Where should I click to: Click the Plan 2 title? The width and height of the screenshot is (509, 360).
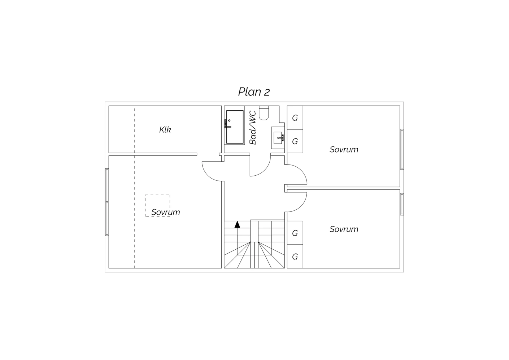pos(254,92)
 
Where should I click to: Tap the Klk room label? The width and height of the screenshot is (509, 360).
pos(165,130)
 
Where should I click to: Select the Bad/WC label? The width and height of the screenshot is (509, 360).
pos(253,128)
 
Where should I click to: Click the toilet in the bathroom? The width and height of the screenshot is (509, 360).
pos(264,113)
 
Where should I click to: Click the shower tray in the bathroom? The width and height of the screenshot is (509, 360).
pos(235,127)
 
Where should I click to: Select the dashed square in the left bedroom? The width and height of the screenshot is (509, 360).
pos(157,206)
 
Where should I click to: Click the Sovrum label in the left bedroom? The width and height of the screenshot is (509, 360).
pos(165,212)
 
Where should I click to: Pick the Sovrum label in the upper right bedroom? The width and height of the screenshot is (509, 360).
pos(344,150)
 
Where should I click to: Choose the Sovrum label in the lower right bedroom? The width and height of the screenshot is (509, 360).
pos(344,229)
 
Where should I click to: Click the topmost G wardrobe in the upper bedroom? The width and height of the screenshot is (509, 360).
pos(295,118)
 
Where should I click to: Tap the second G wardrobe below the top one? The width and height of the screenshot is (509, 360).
pos(295,141)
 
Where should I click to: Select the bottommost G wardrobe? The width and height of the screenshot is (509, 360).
pos(295,257)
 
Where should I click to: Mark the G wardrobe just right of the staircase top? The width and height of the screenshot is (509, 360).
pos(295,233)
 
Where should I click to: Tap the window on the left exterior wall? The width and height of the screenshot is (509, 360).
pos(107,202)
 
